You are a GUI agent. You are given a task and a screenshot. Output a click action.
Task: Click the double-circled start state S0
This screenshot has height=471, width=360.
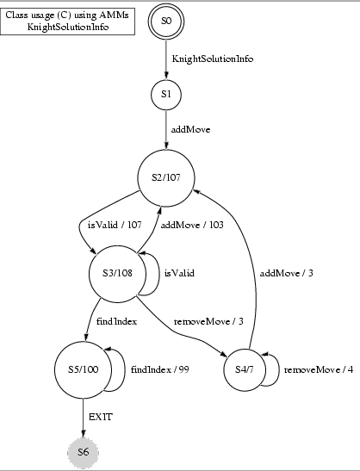coord(166,21)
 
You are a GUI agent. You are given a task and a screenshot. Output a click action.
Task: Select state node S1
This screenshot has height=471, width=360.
coord(166,95)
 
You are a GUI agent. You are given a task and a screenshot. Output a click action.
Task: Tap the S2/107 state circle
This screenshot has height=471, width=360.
coord(166,177)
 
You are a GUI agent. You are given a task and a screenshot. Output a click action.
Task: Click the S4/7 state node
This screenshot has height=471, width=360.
coord(245,369)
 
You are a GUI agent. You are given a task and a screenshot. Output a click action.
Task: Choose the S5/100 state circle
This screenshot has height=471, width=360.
coord(83,369)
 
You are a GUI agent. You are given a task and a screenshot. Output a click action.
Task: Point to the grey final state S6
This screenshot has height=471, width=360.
coord(84,452)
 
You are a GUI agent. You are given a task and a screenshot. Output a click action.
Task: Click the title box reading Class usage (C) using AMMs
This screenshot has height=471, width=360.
coord(67,21)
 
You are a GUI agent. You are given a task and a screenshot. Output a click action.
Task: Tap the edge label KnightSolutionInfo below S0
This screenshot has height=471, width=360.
coord(213,59)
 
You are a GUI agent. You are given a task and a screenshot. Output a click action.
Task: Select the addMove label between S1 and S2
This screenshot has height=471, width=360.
coord(190,129)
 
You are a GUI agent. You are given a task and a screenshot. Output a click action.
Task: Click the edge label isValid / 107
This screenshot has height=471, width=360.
coord(115,225)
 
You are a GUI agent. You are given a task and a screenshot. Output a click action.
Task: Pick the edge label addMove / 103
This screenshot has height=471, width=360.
coord(192,225)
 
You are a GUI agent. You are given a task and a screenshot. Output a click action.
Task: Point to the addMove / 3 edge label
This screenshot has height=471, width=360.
coord(287,273)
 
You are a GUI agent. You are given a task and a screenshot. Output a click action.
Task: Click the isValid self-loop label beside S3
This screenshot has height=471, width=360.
coord(179,273)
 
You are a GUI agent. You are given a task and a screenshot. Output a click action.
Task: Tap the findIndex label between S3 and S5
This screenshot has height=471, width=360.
coord(116,321)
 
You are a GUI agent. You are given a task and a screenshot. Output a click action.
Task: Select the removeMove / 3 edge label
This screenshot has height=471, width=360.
coord(208,321)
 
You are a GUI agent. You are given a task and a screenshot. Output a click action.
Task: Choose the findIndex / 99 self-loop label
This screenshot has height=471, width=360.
coord(160,369)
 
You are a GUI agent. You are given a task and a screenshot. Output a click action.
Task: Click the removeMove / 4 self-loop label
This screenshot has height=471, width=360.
coord(319,369)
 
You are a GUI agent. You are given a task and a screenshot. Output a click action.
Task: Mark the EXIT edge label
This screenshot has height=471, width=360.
coord(101,417)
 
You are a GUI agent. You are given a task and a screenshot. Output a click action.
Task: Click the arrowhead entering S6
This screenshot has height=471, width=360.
coord(84,433)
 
